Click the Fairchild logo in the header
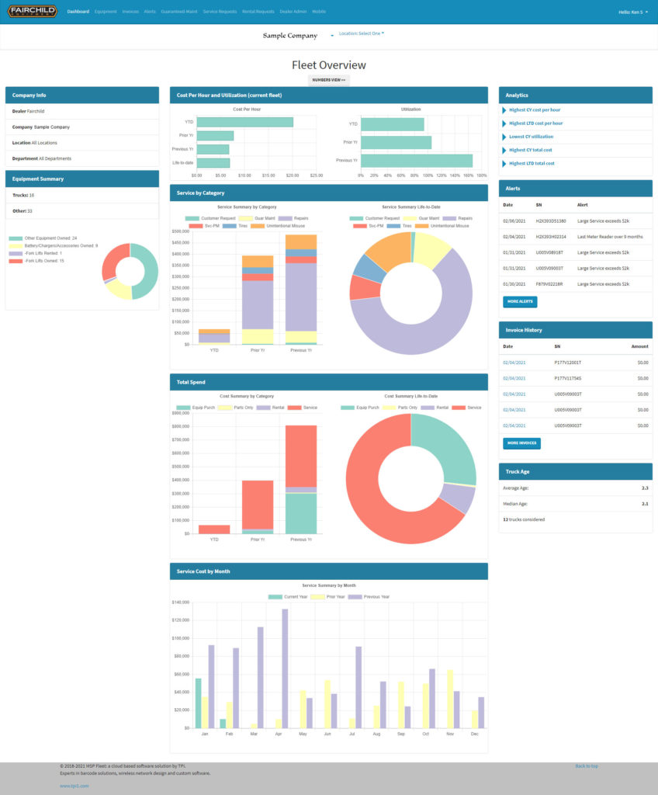(33, 12)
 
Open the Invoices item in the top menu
(130, 12)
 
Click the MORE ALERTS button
(520, 300)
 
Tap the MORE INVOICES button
(521, 443)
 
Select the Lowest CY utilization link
(531, 137)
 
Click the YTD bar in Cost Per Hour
(244, 122)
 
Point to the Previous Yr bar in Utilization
(417, 161)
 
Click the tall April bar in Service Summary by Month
(285, 668)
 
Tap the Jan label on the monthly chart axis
(205, 734)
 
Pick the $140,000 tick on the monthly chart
(180, 602)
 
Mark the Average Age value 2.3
(645, 488)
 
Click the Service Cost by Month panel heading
(203, 571)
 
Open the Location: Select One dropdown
(362, 33)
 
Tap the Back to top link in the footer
(586, 765)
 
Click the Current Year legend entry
(289, 596)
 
